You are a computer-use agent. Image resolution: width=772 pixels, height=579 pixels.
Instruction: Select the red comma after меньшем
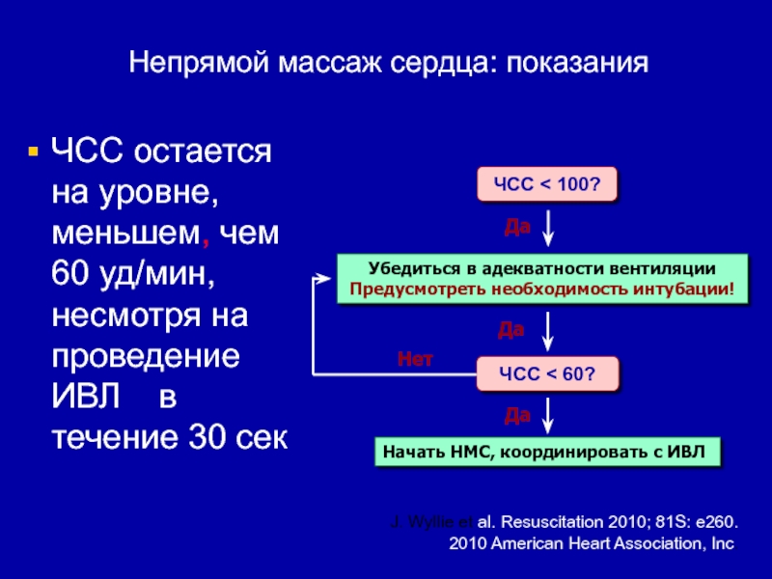[204, 234]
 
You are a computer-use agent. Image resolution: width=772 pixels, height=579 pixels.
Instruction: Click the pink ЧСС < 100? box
[545, 184]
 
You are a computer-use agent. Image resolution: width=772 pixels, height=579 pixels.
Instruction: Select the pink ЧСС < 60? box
[545, 373]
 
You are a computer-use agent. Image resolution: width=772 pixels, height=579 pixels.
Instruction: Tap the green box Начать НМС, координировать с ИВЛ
[545, 451]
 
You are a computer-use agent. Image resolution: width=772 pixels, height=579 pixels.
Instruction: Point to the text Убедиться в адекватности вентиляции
[541, 269]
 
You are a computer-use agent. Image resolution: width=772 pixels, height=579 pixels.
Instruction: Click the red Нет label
[416, 359]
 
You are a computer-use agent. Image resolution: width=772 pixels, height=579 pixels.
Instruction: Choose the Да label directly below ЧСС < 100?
[518, 226]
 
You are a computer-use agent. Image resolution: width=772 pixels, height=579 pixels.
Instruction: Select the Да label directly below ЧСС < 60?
[518, 415]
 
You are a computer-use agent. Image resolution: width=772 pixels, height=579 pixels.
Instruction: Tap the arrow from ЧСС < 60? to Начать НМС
[549, 417]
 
